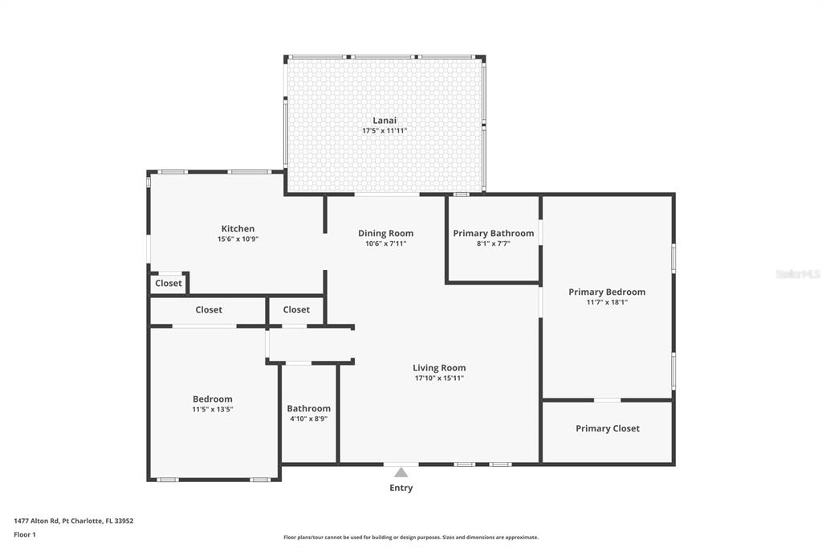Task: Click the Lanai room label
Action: tap(385, 121)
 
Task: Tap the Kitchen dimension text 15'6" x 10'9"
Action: tap(238, 239)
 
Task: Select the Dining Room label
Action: tap(385, 233)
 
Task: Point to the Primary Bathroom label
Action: tap(493, 233)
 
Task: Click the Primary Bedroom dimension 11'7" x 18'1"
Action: tap(607, 302)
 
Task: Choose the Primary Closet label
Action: tap(608, 428)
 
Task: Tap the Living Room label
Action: tap(439, 368)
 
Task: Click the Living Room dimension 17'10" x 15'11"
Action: tap(439, 378)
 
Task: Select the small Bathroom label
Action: tap(308, 408)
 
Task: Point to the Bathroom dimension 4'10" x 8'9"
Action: tap(308, 419)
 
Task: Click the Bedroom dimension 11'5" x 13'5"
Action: tap(212, 409)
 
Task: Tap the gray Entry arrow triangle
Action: tap(401, 472)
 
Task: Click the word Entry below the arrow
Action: tap(401, 488)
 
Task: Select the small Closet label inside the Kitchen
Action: tap(169, 283)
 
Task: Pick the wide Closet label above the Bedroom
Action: tap(209, 309)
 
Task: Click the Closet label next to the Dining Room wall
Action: tap(296, 309)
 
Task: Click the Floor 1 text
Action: tap(25, 534)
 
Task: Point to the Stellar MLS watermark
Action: tap(797, 274)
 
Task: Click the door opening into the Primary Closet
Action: tap(607, 399)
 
